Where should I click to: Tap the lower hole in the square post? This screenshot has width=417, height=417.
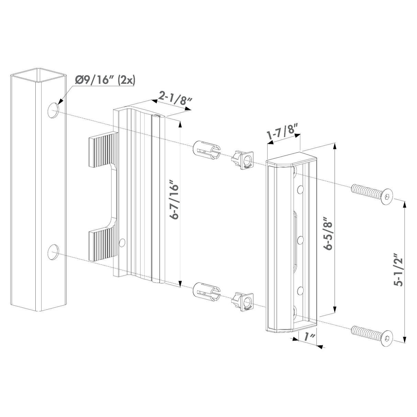point(53,252)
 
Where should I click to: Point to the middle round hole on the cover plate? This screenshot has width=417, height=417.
point(300,239)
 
